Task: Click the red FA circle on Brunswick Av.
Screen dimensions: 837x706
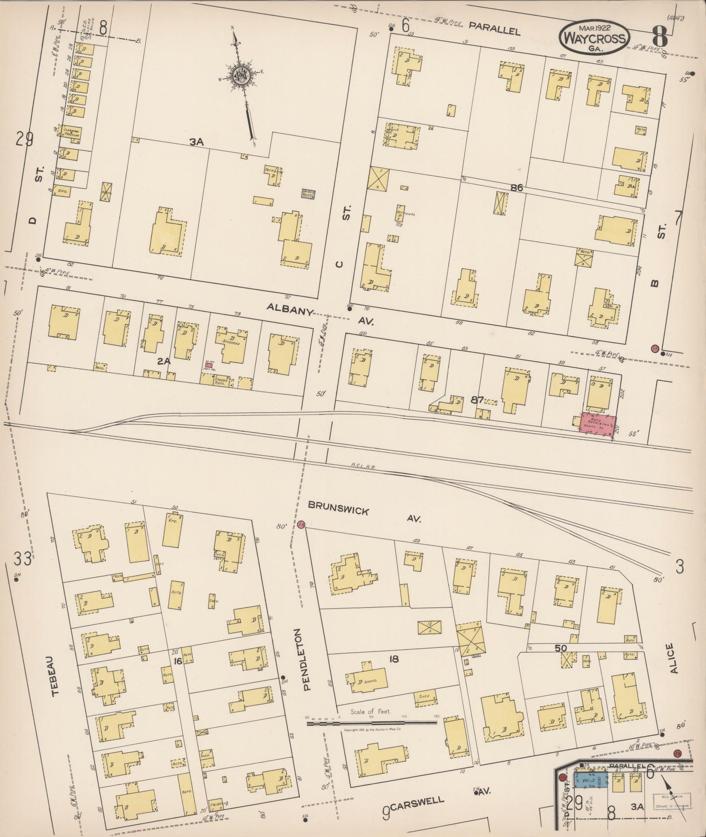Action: (301, 524)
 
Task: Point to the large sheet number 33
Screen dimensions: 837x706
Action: (22, 558)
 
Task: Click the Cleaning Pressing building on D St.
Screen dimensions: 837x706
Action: (71, 131)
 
